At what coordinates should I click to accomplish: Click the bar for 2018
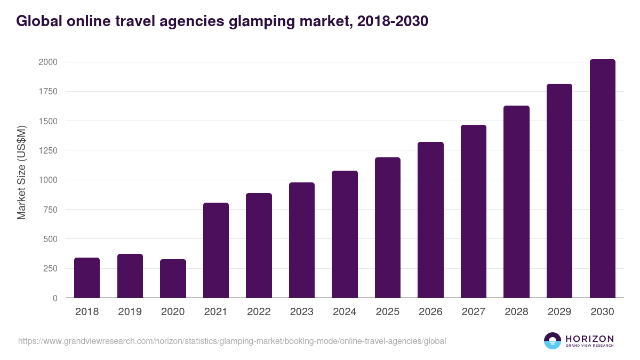click(x=87, y=278)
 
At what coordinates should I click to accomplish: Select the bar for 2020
click(x=173, y=278)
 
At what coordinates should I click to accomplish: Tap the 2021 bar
click(x=216, y=250)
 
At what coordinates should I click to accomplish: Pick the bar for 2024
click(x=345, y=234)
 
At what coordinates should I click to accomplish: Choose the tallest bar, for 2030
click(x=602, y=179)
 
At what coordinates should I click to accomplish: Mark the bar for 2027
click(x=474, y=211)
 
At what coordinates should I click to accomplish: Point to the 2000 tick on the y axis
click(x=47, y=62)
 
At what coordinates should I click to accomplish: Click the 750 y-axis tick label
click(x=50, y=210)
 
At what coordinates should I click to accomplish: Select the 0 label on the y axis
click(x=55, y=298)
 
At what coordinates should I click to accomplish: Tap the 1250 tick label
click(x=47, y=150)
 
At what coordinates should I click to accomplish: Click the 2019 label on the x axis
click(x=130, y=312)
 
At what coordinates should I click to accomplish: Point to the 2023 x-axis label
click(x=301, y=312)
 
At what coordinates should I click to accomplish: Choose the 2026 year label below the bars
click(x=430, y=312)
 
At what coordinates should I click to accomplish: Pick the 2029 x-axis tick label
click(x=559, y=312)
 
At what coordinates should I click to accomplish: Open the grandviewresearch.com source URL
click(x=232, y=341)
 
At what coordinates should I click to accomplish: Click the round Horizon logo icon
click(x=553, y=341)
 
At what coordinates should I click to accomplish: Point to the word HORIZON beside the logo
click(x=589, y=338)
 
